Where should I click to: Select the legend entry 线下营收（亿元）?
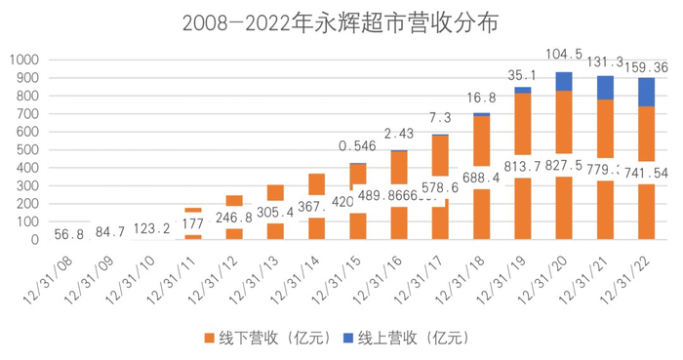tap(256, 337)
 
